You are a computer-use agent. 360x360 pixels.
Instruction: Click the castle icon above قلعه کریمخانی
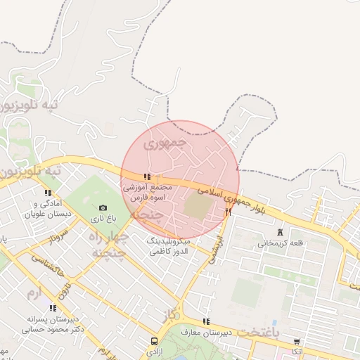pyautogui.click(x=282, y=232)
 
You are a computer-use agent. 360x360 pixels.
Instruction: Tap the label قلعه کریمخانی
pyautogui.click(x=281, y=243)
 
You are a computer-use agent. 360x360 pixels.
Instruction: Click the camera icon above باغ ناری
pyautogui.click(x=103, y=208)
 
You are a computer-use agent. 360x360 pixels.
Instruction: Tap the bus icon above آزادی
pyautogui.click(x=153, y=340)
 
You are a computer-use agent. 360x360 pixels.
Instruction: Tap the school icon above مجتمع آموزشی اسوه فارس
pyautogui.click(x=146, y=177)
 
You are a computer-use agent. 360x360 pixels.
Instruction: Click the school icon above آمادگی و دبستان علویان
pyautogui.click(x=48, y=193)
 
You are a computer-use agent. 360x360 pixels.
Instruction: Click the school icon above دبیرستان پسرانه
pyautogui.click(x=53, y=307)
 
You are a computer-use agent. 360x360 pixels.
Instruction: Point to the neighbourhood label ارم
pyautogui.click(x=33, y=290)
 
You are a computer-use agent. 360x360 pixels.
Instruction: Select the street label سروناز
pyautogui.click(x=58, y=236)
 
